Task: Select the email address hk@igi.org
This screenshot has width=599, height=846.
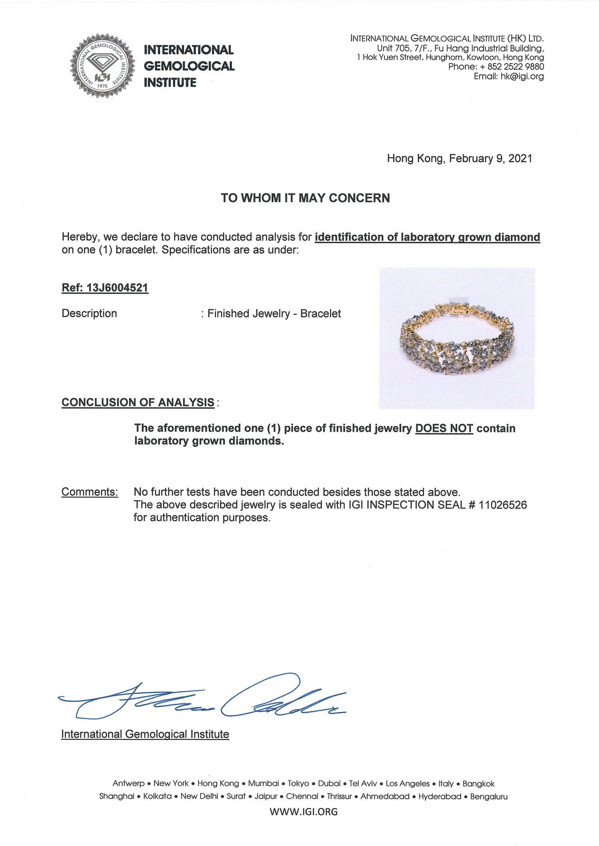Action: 522,76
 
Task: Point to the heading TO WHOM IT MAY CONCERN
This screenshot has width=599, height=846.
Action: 305,198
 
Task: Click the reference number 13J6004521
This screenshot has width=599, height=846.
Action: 117,288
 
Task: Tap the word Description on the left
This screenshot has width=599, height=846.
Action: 89,314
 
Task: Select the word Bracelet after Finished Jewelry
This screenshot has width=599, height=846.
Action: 320,314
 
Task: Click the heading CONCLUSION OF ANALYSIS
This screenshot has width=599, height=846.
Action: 138,402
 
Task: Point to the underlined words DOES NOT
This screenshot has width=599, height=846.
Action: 444,428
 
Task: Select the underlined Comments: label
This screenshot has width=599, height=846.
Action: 89,492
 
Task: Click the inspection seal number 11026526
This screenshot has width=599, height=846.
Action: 502,505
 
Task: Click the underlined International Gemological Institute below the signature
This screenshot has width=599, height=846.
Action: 145,734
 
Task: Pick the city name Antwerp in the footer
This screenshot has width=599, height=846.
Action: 128,783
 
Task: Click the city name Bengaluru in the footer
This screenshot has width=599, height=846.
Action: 488,796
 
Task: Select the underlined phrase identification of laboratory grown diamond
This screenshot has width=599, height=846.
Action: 427,237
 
